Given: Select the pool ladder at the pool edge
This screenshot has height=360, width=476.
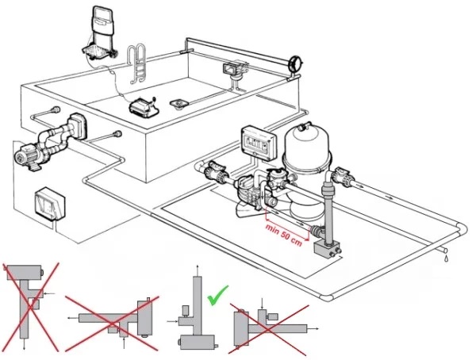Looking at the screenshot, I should pyautogui.click(x=138, y=63).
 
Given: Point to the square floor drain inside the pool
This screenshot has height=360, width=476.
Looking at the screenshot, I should pyautogui.click(x=178, y=102).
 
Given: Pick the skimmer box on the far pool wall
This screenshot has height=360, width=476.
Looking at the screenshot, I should pyautogui.click(x=234, y=70).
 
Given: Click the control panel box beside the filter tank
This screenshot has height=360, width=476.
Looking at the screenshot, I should pyautogui.click(x=256, y=140).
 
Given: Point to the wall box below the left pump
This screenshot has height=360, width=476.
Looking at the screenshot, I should pyautogui.click(x=51, y=205).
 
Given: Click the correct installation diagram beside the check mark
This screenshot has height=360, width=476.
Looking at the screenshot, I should pyautogui.click(x=190, y=317).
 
